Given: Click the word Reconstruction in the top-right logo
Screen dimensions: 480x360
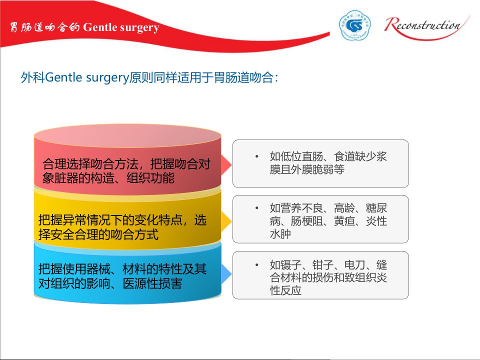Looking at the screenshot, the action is point(423,25).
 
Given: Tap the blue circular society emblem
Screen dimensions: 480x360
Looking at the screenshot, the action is point(354,25).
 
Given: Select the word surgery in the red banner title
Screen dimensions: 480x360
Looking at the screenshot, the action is point(139,28).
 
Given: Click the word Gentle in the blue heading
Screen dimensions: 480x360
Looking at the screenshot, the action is point(63,77).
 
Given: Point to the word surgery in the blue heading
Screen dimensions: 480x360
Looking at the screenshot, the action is point(107,78).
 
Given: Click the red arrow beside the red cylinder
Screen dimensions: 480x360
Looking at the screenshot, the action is point(226,164).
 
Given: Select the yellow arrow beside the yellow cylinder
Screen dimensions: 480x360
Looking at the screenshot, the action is point(226,221).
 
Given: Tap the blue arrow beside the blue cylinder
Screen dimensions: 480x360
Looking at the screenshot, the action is point(226,274).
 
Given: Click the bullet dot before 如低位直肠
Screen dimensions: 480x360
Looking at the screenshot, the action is point(257,156).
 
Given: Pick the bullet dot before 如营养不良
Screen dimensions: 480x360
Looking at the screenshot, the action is point(257,208).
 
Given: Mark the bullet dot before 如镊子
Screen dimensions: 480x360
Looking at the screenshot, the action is point(257,265).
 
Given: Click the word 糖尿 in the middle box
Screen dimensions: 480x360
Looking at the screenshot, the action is point(376,208).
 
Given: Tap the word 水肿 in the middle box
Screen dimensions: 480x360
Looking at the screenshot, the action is point(280,234).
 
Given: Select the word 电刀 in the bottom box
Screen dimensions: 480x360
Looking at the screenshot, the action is point(355,265).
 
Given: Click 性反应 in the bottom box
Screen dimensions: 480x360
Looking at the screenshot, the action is point(285,290).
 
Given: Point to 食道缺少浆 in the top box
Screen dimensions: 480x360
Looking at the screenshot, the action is point(360,156).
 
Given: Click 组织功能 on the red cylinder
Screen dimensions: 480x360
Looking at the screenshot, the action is point(150,178).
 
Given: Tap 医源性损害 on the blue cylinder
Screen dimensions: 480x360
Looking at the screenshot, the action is point(152,283).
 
